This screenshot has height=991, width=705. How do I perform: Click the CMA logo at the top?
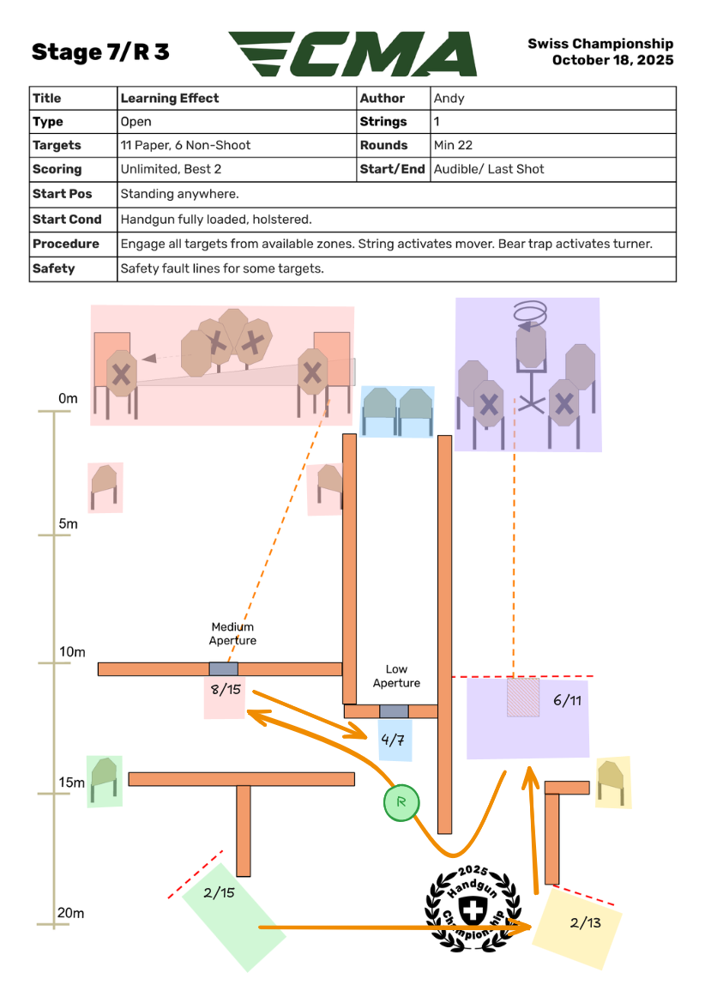(353, 54)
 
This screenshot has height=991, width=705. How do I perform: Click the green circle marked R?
(401, 803)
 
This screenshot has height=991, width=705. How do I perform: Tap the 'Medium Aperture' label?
(232, 634)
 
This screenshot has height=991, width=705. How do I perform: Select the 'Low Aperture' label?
(396, 676)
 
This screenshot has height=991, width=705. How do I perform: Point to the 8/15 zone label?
(224, 689)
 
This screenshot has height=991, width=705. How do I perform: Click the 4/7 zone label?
(393, 739)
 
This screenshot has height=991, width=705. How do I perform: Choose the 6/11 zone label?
(568, 700)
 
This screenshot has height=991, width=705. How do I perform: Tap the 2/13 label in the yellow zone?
(586, 923)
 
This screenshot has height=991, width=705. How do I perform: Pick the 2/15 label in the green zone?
(220, 892)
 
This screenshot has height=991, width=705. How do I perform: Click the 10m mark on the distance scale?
(73, 652)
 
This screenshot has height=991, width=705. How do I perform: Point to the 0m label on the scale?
(68, 399)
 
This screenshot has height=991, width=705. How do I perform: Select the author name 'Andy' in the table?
(449, 99)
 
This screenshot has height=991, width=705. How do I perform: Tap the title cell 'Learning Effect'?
(170, 99)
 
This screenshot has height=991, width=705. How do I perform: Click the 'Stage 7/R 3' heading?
(100, 52)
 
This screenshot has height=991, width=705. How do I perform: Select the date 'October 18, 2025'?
(612, 60)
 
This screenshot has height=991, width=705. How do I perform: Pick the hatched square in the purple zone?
(522, 697)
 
